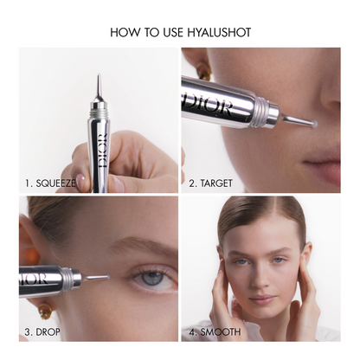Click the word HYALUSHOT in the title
(219, 32)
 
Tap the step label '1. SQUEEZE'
(50, 183)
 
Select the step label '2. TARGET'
(210, 183)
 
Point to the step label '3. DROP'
(42, 331)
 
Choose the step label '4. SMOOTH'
(215, 331)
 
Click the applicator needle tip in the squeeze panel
(99, 75)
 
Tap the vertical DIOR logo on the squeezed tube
(102, 151)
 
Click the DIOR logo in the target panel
(207, 104)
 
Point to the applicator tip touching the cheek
(314, 124)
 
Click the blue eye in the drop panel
(152, 278)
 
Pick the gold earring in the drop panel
(46, 311)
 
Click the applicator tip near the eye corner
(107, 277)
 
